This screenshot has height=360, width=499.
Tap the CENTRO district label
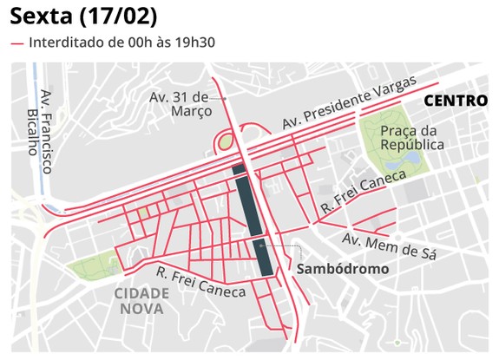point(456,101)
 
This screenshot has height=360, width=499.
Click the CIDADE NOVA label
point(141,299)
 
